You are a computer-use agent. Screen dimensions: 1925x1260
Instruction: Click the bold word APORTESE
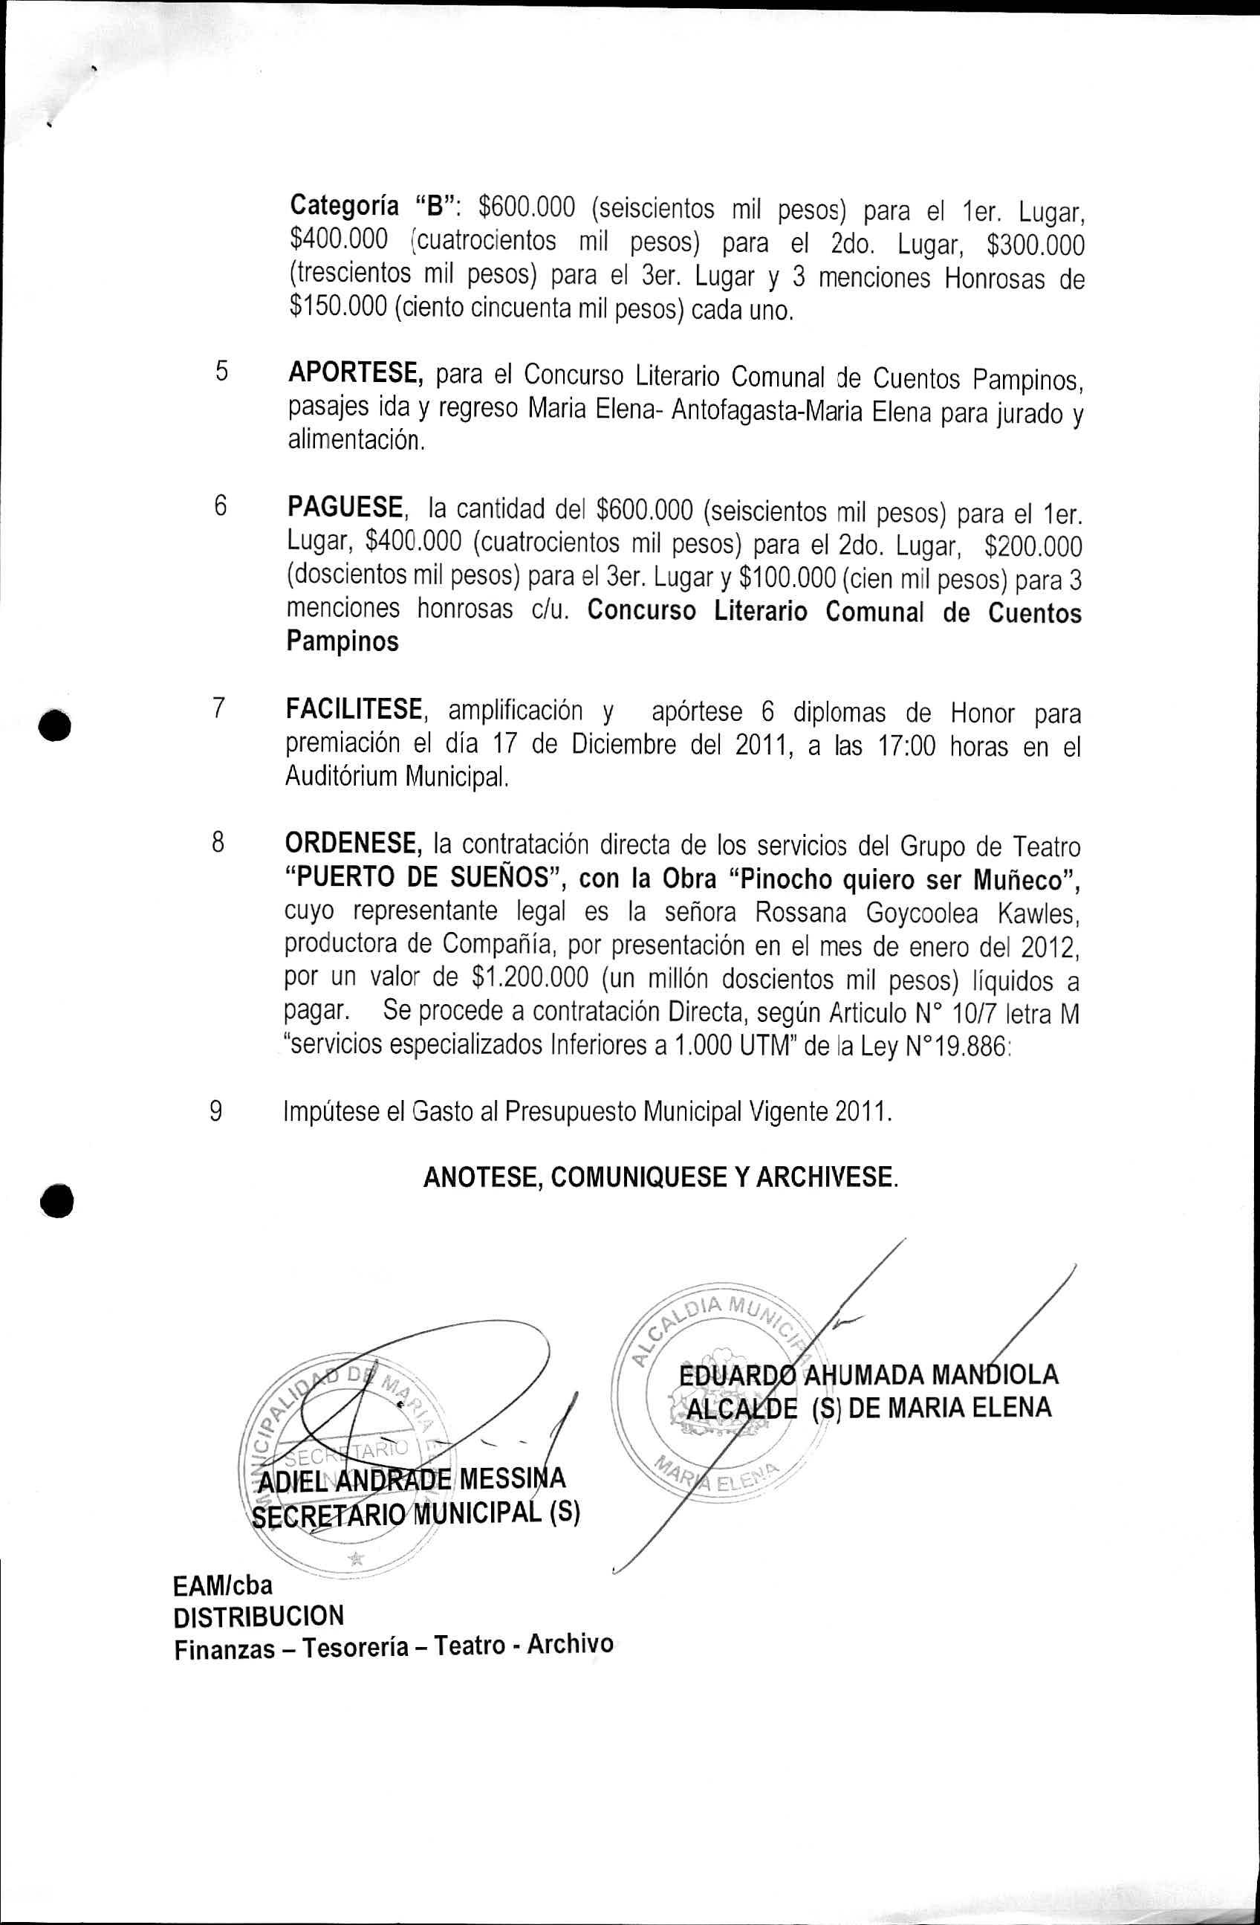[356, 374]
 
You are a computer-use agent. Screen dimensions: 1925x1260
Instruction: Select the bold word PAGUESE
[346, 508]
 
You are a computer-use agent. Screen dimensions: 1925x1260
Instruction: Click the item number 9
[216, 1111]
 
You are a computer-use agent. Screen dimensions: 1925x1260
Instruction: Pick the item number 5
[221, 372]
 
